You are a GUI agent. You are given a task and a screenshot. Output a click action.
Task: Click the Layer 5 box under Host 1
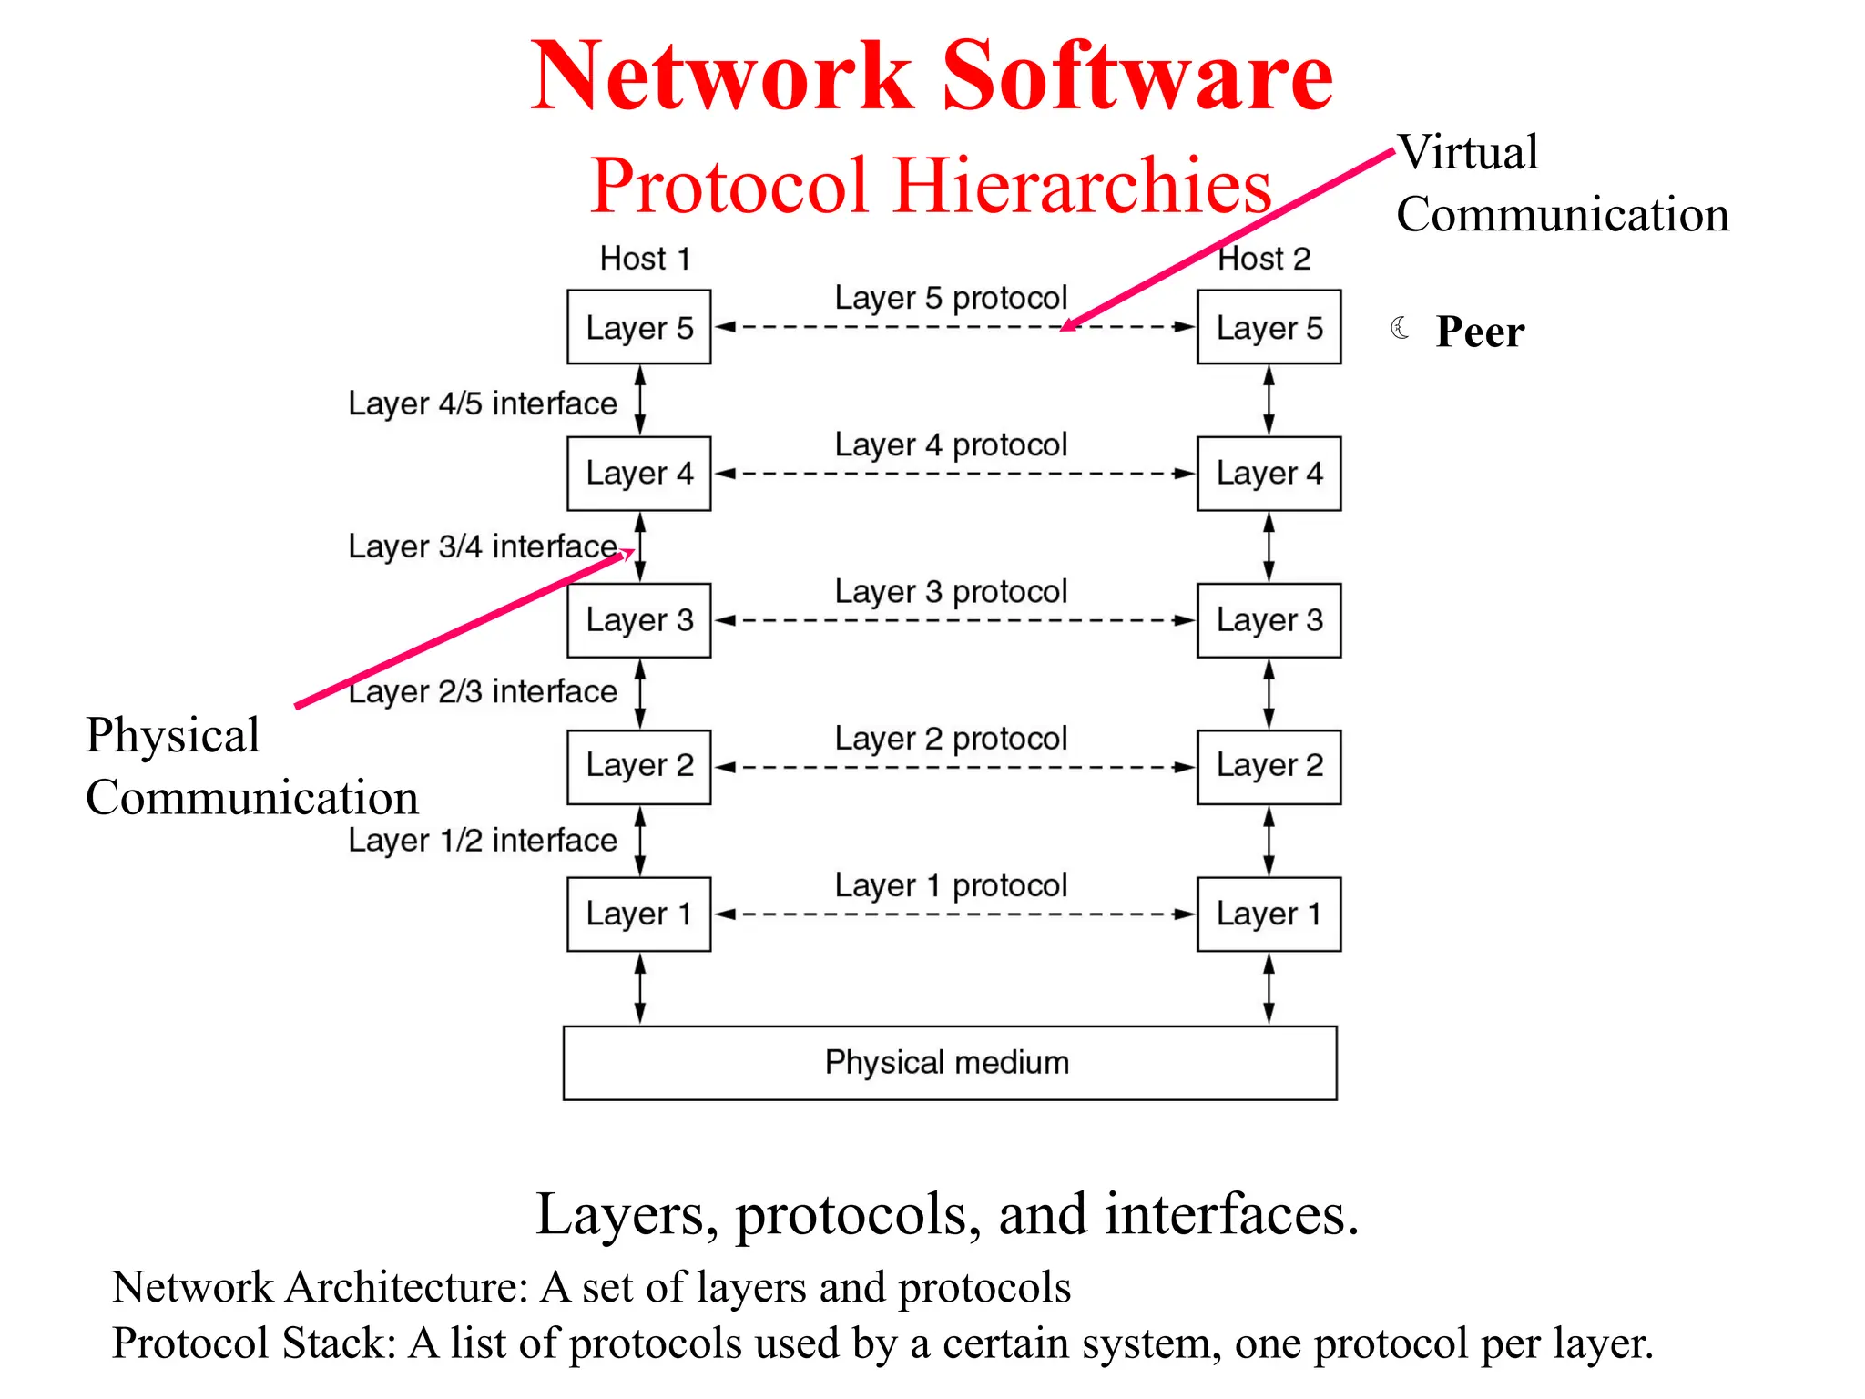pyautogui.click(x=638, y=327)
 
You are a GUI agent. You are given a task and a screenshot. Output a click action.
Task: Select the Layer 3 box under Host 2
pyautogui.click(x=1269, y=620)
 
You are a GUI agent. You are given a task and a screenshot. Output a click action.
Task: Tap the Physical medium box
pyautogui.click(x=949, y=1063)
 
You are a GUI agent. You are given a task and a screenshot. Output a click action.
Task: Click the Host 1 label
pyautogui.click(x=645, y=259)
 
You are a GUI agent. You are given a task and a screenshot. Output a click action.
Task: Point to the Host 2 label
pyautogui.click(x=1264, y=259)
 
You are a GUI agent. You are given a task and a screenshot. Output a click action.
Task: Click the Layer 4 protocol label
pyautogui.click(x=951, y=445)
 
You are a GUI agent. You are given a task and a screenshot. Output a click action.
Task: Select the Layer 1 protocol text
pyautogui.click(x=951, y=885)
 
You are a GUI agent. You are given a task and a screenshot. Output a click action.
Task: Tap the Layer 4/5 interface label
pyautogui.click(x=482, y=403)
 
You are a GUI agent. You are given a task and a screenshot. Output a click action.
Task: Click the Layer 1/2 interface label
pyautogui.click(x=482, y=840)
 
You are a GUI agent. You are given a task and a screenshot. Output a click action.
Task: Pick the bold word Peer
pyautogui.click(x=1479, y=332)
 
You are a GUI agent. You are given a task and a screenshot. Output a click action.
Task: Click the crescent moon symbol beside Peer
pyautogui.click(x=1401, y=328)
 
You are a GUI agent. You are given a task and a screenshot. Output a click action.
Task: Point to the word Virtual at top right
pyautogui.click(x=1469, y=152)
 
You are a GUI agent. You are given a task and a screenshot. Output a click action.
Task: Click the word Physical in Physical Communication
pyautogui.click(x=173, y=735)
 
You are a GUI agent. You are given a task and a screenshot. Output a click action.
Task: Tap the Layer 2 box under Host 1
pyautogui.click(x=638, y=767)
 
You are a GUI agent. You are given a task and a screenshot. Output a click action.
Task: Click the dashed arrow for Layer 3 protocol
pyautogui.click(x=953, y=620)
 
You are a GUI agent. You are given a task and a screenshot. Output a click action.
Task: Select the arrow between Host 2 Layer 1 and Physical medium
pyautogui.click(x=1269, y=988)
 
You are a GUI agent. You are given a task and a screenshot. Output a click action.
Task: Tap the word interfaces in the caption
pyautogui.click(x=1231, y=1214)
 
